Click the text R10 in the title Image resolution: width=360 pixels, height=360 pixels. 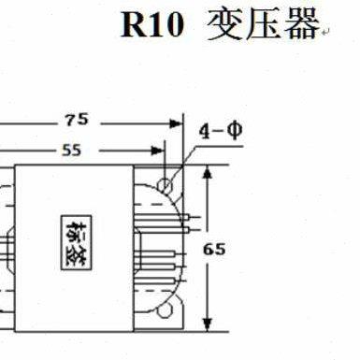[x=151, y=26]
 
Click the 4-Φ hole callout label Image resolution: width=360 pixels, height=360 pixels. [x=223, y=130]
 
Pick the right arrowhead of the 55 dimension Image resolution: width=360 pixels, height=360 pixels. [x=158, y=150]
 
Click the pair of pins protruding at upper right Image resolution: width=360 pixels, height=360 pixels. [x=192, y=220]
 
